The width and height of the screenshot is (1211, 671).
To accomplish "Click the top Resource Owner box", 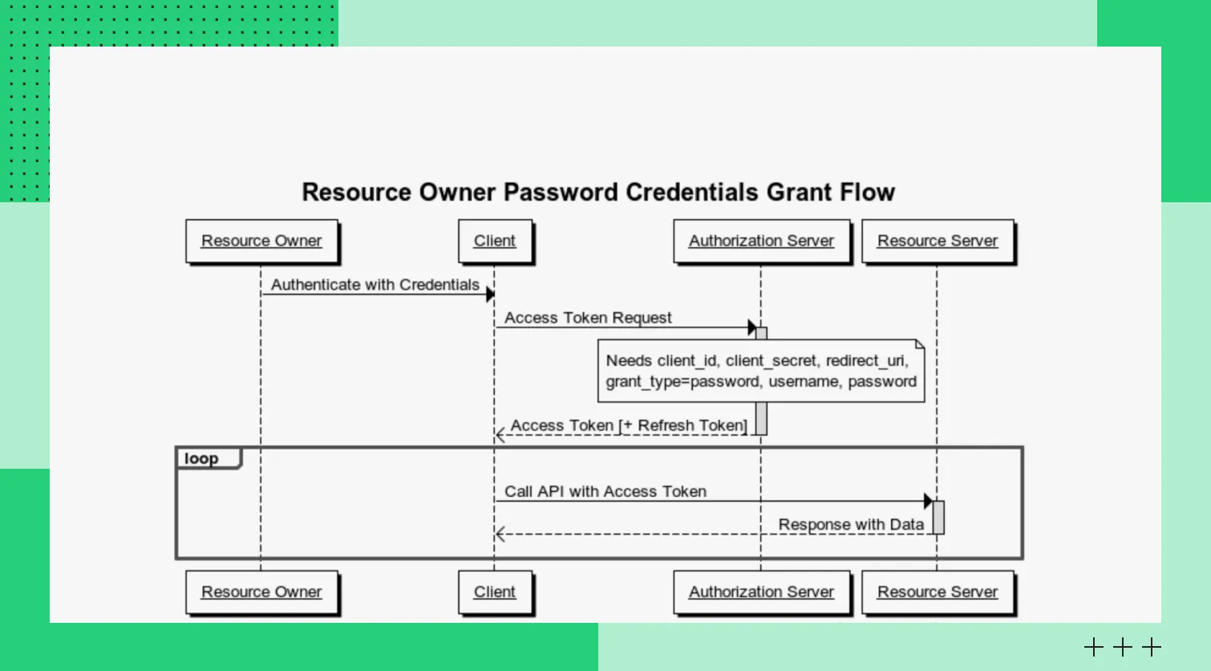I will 261,241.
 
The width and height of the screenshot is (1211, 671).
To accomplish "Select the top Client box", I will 495,241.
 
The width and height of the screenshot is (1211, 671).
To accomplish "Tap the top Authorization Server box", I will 761,241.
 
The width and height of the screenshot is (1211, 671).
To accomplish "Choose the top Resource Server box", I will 938,241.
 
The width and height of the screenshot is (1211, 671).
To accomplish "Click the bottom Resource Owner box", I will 261,592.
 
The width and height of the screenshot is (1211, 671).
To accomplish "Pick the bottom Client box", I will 495,592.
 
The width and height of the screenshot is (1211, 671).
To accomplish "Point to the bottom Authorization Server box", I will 761,592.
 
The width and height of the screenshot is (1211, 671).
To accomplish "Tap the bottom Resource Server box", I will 938,592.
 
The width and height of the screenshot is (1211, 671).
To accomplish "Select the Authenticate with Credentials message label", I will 375,285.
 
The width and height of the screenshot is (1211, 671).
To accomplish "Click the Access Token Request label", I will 588,318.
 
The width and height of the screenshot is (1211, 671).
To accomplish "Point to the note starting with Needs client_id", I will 761,371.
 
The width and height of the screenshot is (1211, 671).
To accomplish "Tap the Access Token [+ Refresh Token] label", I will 629,425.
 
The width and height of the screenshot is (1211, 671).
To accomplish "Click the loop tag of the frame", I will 202,458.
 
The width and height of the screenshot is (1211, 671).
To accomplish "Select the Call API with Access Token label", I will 605,491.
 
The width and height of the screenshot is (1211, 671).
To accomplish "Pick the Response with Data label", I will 851,524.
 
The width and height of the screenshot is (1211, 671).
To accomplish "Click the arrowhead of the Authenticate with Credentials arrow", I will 490,295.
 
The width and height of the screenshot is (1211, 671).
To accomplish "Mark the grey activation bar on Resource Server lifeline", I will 938,517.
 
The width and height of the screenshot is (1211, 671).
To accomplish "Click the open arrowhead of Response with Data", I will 500,535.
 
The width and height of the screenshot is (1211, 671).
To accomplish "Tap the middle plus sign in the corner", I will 1123,647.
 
